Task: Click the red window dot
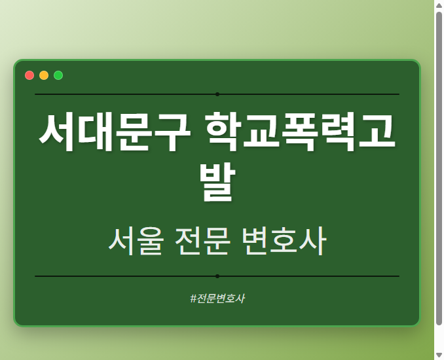[x=29, y=75]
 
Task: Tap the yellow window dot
[x=44, y=75]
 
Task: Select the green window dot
[x=58, y=75]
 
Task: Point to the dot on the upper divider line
[x=217, y=94]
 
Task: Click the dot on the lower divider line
[x=217, y=276]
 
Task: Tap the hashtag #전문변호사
[x=217, y=298]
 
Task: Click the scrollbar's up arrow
[x=439, y=5]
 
